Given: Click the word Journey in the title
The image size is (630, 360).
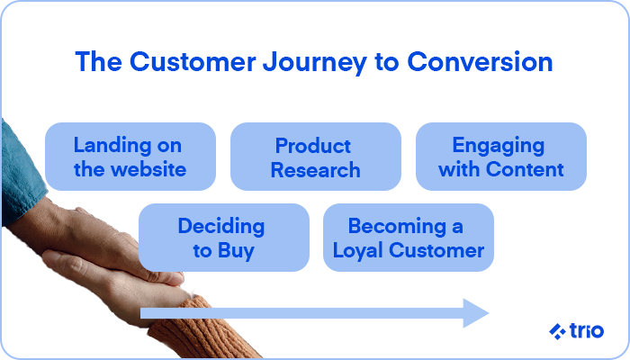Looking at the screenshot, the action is pos(314,63).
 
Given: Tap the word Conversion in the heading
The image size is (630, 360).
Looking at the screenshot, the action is pos(480,61).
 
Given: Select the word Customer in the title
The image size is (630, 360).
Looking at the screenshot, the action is pos(193,61).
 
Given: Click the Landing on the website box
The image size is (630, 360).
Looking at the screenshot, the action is pos(130,157).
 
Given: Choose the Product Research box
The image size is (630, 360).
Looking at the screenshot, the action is pos(315,157).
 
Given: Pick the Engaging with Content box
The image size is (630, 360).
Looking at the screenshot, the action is pos(501,157).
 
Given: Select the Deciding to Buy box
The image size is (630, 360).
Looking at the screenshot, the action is pos(224,238).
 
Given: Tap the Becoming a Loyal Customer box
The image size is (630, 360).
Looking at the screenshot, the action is pos(409,238).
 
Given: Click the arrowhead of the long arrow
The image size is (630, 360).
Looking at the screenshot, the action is pos(476,313).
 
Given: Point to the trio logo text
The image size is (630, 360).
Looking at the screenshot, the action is pos(586,330).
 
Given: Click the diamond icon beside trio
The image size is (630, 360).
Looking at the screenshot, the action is pos(557,331).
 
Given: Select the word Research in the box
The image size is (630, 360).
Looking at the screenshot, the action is pos(315,169).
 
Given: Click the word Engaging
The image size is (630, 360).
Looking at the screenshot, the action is pos(499,146).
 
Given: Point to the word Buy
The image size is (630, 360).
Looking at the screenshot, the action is pos(236,251).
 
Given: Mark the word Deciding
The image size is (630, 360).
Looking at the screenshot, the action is pos(221,227).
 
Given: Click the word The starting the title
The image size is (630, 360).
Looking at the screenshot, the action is pos(98,61).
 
